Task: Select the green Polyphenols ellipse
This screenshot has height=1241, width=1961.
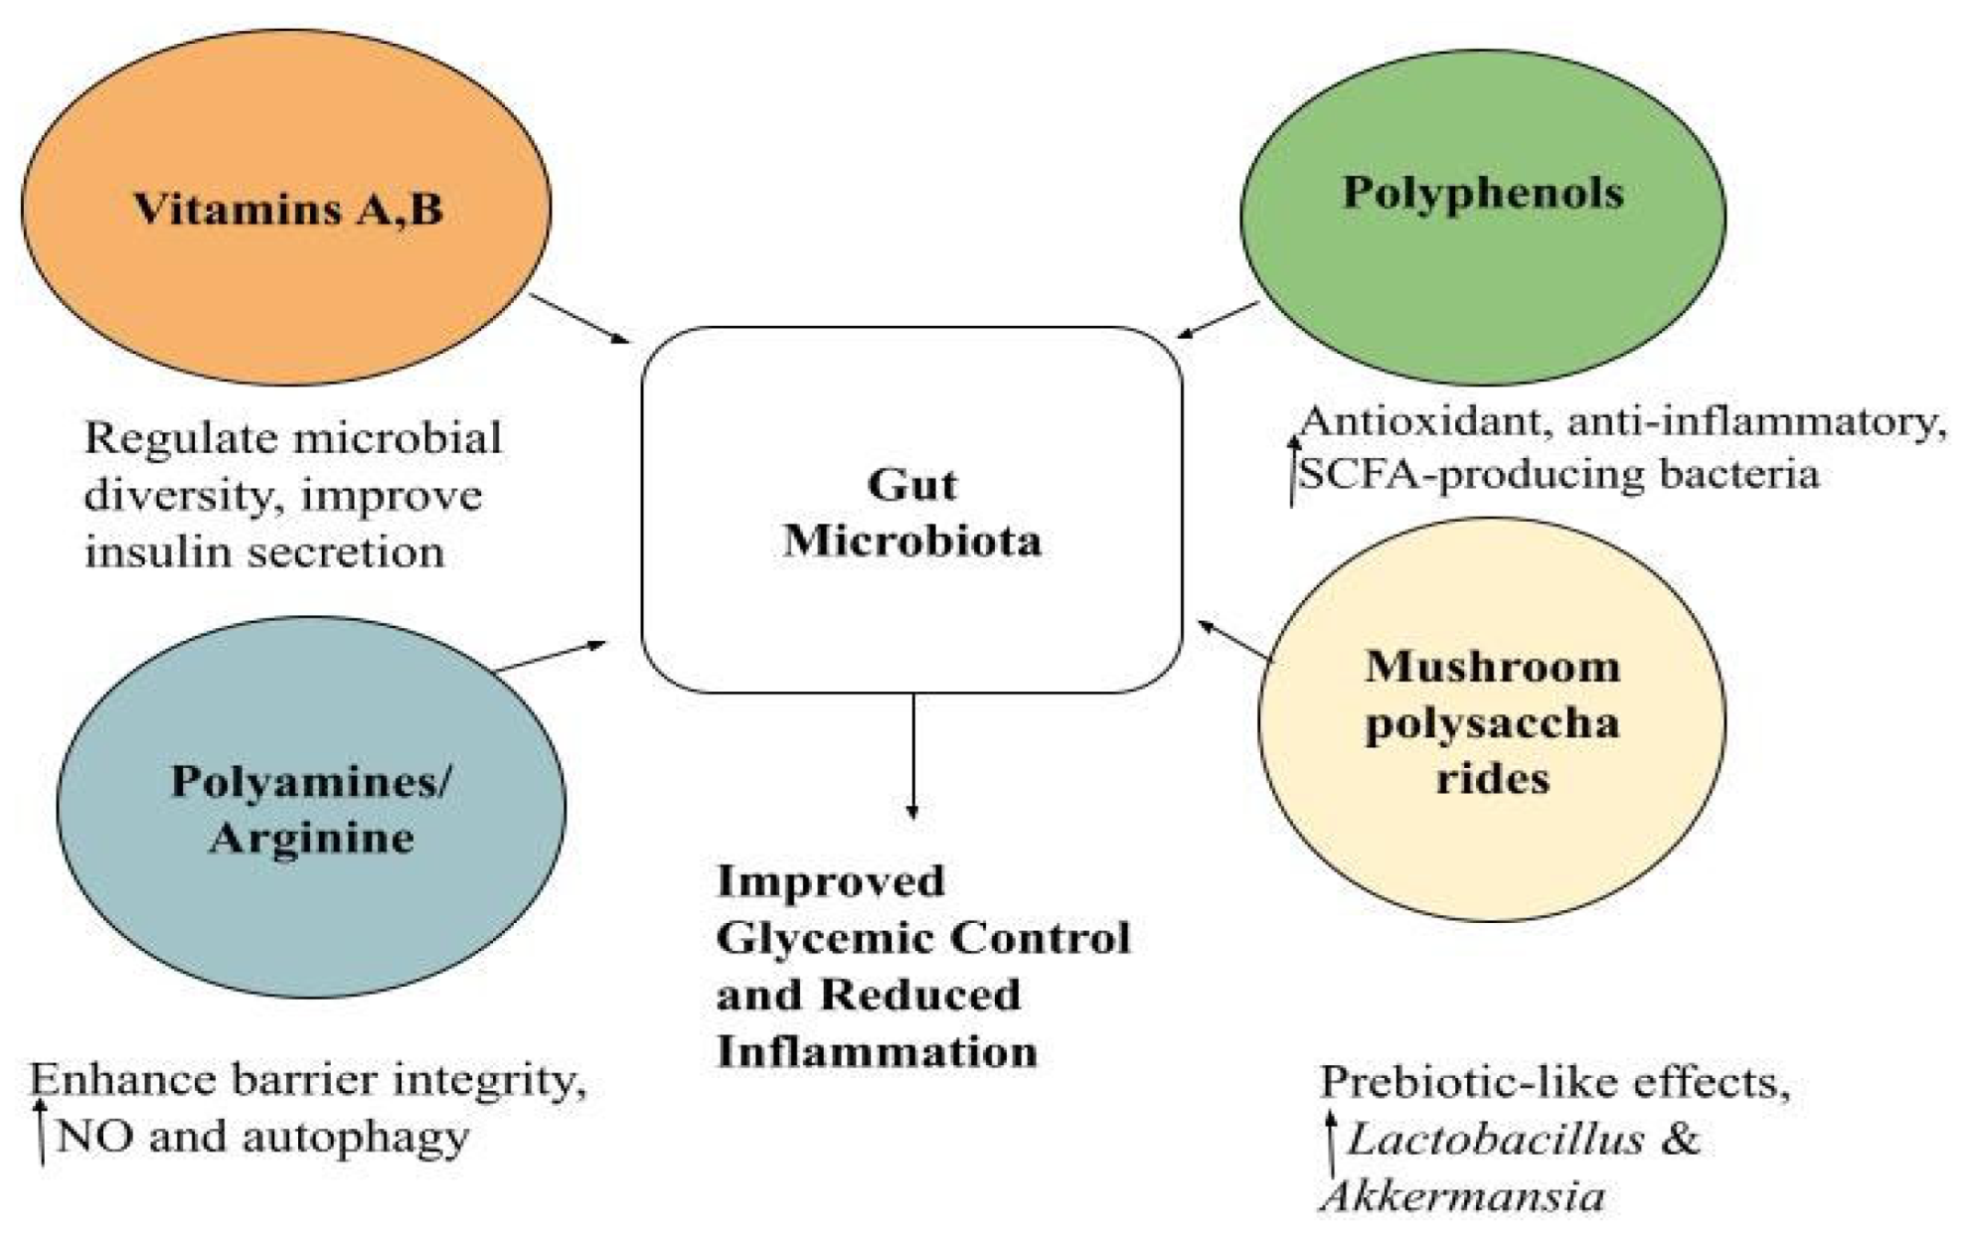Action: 1482,278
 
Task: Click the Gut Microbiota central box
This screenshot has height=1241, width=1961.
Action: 911,417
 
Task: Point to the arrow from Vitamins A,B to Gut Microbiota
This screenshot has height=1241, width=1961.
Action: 579,318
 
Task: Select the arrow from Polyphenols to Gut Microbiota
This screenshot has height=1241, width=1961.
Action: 1219,320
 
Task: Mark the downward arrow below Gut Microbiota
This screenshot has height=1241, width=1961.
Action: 912,755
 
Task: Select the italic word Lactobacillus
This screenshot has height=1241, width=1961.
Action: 1495,1139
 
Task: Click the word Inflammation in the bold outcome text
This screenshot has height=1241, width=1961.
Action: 877,1051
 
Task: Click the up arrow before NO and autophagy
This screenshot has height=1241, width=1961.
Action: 40,1131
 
